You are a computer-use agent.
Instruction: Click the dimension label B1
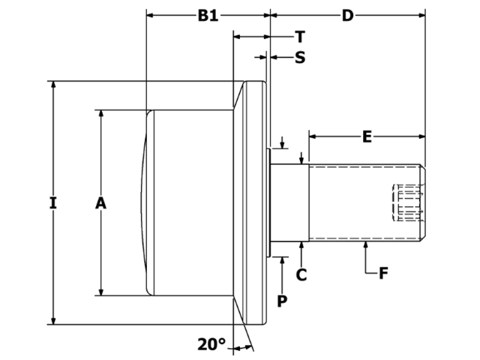tap(207, 16)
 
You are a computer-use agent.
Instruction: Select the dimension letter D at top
tap(346, 16)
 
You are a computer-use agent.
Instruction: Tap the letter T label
tap(299, 37)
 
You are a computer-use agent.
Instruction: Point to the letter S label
tap(299, 57)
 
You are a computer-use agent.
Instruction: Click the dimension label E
tap(367, 136)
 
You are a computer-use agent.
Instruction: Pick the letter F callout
tap(382, 273)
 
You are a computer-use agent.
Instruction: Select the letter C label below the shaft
tap(301, 274)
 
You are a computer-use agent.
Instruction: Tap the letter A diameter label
tap(102, 202)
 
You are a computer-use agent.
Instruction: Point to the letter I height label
tap(52, 202)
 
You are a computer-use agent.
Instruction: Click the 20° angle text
tap(211, 344)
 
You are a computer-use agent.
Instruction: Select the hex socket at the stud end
tap(407, 202)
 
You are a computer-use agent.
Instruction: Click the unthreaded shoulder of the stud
tap(289, 202)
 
